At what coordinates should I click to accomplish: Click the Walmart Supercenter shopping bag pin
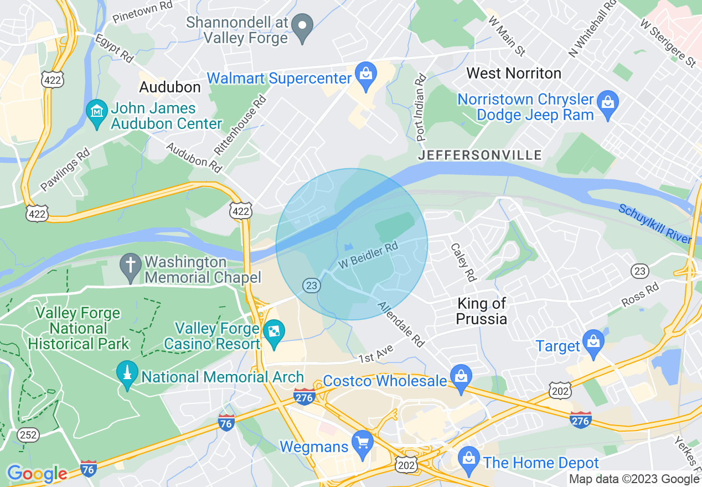click(x=365, y=74)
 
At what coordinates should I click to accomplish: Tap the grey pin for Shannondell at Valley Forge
click(x=302, y=27)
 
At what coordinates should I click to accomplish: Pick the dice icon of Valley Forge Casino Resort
click(x=274, y=331)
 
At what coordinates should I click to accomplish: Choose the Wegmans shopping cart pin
click(x=363, y=443)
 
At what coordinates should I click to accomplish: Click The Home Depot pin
click(x=469, y=459)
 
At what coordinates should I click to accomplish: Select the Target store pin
click(x=593, y=341)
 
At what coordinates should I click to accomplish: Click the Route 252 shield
click(x=28, y=435)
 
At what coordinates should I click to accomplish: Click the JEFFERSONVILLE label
click(x=479, y=155)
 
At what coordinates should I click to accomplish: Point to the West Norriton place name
click(x=513, y=73)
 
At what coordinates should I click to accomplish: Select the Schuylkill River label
click(x=655, y=224)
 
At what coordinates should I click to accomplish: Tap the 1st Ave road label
click(x=376, y=355)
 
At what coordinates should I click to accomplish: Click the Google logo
click(x=37, y=474)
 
